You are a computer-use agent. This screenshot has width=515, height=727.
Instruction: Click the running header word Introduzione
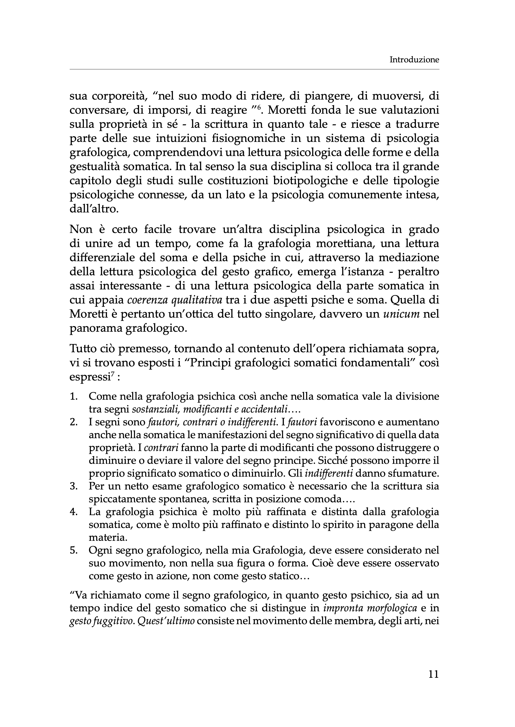click(x=414, y=60)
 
